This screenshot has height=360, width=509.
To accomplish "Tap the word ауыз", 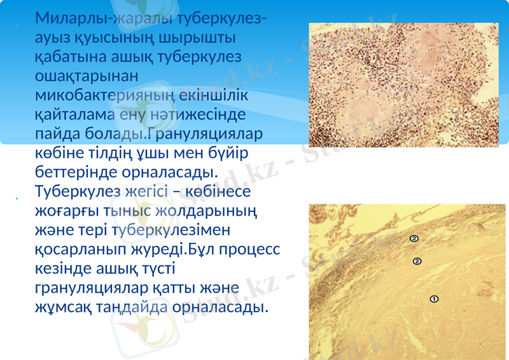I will pyautogui.click(x=52, y=38).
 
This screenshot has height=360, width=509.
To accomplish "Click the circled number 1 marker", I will pyautogui.click(x=434, y=298).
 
